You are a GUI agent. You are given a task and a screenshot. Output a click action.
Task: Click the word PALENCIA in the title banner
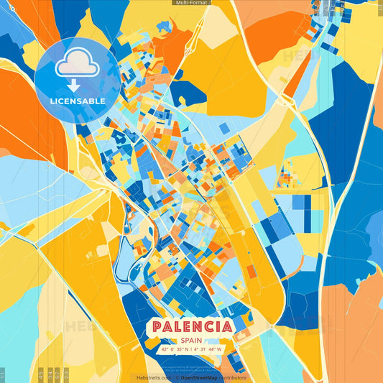point(191,327)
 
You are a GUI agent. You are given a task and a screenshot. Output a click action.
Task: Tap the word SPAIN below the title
point(191,341)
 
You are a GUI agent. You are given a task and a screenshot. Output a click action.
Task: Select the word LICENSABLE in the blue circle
point(77,101)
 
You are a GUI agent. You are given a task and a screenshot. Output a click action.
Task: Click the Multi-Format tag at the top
point(191,3)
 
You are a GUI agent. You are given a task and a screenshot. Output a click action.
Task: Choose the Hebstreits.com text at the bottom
point(153,377)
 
